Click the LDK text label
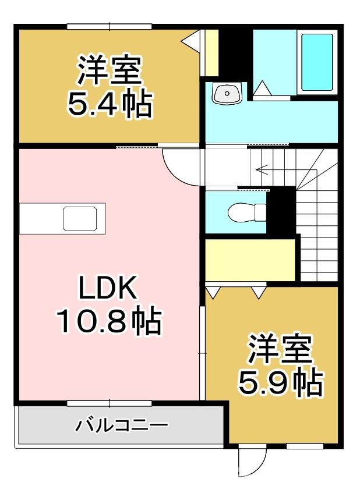[108, 288]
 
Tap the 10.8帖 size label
[108, 320]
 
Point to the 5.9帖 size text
[280, 382]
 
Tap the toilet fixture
[245, 212]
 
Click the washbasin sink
[227, 93]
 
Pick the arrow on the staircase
[262, 171]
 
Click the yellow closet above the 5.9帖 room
[250, 259]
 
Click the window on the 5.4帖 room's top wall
[109, 26]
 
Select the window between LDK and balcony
[109, 402]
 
